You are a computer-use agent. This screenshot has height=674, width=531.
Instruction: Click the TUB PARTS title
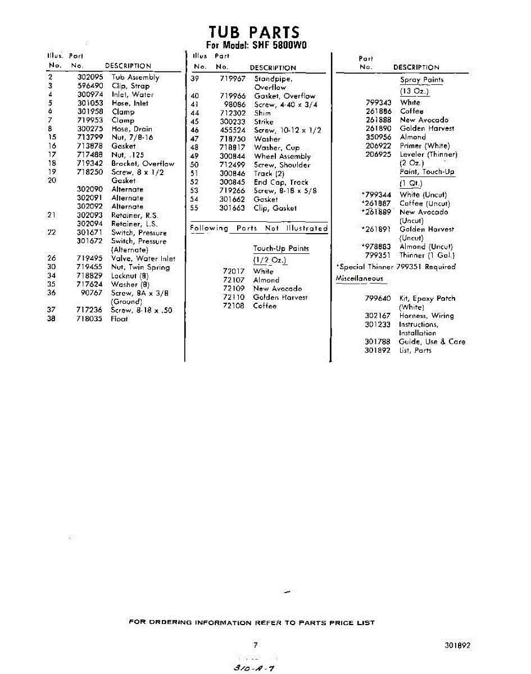pyautogui.click(x=254, y=32)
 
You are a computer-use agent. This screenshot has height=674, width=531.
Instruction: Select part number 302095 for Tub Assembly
pyautogui.click(x=90, y=78)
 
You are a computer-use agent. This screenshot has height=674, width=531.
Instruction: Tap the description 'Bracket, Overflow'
pyautogui.click(x=143, y=164)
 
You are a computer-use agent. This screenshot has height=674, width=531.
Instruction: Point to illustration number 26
pyautogui.click(x=52, y=259)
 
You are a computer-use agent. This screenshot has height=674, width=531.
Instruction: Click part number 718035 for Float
pyautogui.click(x=90, y=319)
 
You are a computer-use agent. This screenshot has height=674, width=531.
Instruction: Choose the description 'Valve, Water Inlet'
pyautogui.click(x=143, y=259)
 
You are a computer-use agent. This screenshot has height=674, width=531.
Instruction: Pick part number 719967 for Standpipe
pyautogui.click(x=233, y=79)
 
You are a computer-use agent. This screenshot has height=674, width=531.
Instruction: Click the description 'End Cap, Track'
pyautogui.click(x=281, y=182)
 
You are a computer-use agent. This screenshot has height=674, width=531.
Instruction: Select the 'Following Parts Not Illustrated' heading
pyautogui.click(x=258, y=229)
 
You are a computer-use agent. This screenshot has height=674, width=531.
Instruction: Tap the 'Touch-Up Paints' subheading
pyautogui.click(x=281, y=248)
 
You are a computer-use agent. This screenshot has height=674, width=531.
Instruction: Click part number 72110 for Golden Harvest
pyautogui.click(x=233, y=297)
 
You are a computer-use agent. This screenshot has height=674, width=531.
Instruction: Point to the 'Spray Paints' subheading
pyautogui.click(x=421, y=80)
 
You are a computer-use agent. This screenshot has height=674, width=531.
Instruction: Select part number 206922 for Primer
pyautogui.click(x=378, y=145)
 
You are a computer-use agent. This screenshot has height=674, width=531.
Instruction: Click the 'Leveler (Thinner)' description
pyautogui.click(x=429, y=154)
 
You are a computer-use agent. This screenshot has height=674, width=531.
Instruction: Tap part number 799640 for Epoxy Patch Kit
pyautogui.click(x=378, y=299)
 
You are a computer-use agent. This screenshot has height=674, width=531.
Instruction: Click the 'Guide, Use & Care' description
pyautogui.click(x=432, y=341)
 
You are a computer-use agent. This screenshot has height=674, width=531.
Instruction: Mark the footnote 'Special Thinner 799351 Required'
pyautogui.click(x=396, y=267)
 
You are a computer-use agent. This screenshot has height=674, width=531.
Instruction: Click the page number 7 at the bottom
pyautogui.click(x=255, y=645)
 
